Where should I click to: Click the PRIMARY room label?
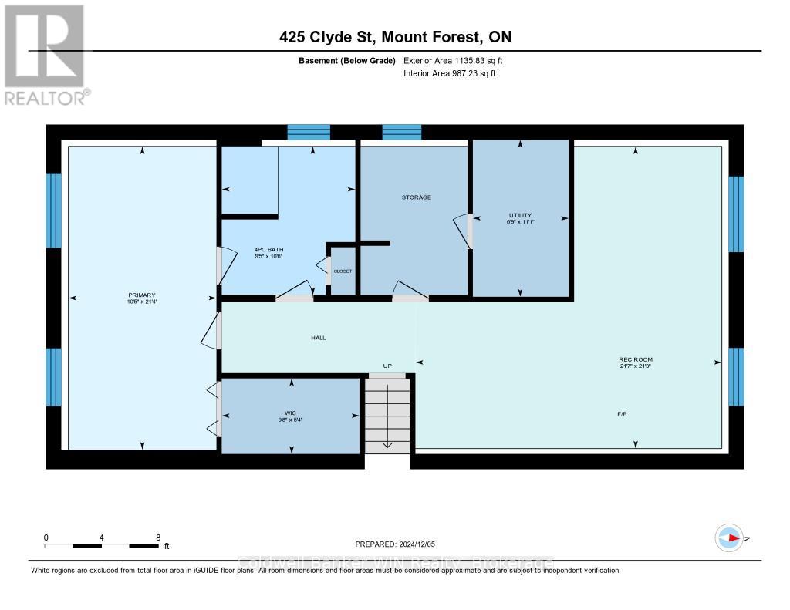tap(142, 295)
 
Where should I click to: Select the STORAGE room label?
tap(416, 197)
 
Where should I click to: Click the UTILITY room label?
tap(520, 215)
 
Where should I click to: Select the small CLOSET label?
tap(343, 271)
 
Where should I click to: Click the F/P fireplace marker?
tap(621, 414)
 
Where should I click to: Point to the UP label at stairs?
tap(388, 366)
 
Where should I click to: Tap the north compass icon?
tap(729, 538)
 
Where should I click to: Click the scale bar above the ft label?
tap(102, 546)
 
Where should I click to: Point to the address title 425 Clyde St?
tap(395, 37)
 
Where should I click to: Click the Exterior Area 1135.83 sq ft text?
tap(453, 60)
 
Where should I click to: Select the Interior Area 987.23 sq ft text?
tap(450, 73)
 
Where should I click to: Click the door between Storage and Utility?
tap(465, 231)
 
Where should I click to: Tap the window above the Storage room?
tap(402, 132)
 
